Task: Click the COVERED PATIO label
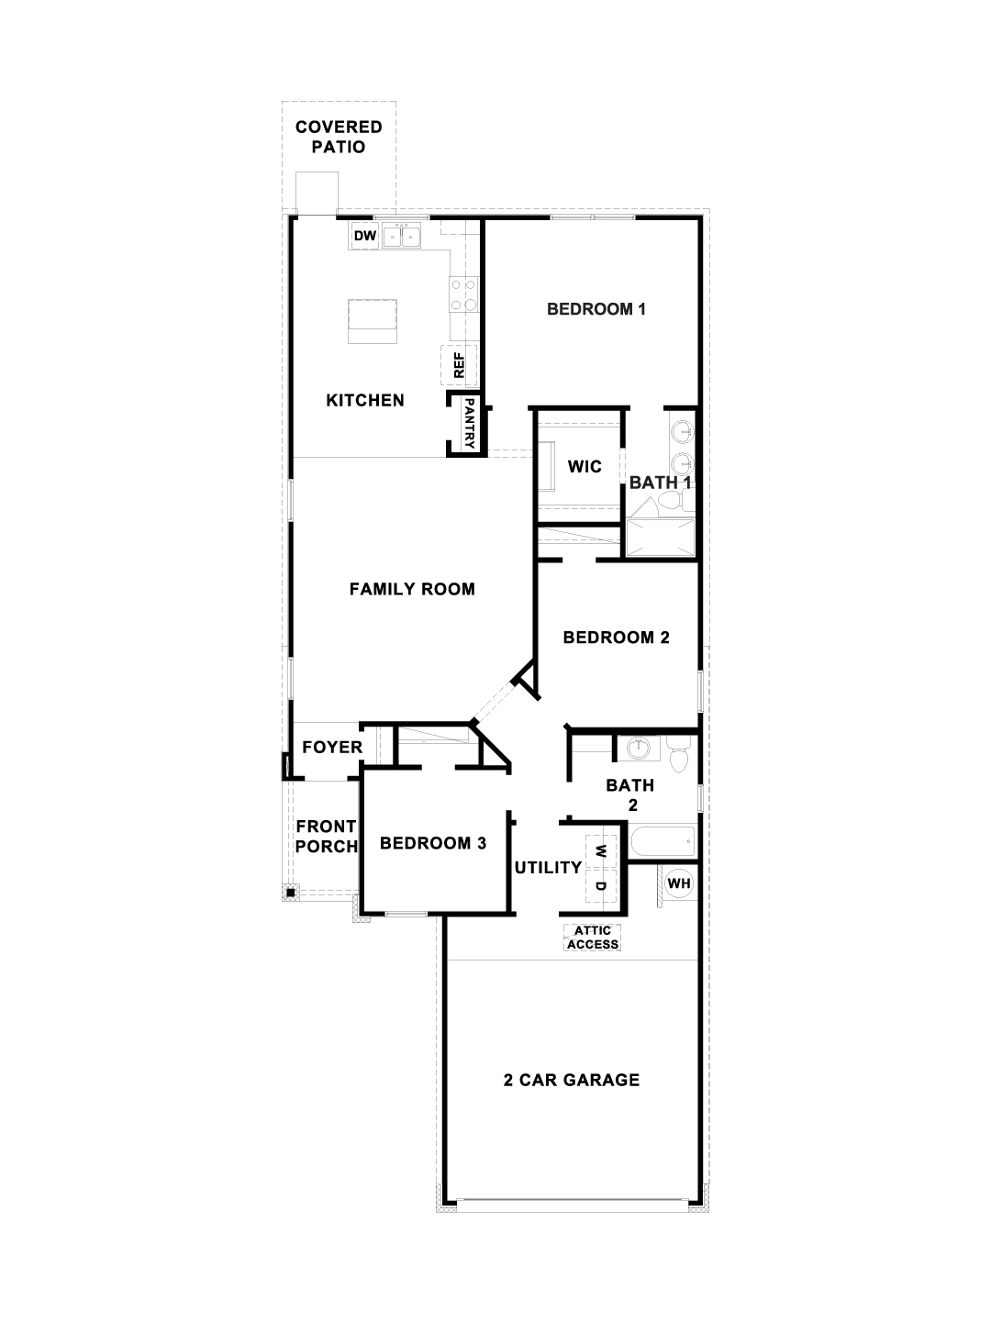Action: click(339, 138)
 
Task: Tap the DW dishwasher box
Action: click(365, 237)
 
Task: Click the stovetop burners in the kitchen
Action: click(463, 294)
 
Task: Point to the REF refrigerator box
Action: click(460, 366)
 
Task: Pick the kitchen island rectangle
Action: click(373, 319)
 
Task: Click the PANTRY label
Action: click(468, 422)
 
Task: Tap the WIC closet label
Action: click(585, 466)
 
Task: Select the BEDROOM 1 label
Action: click(596, 309)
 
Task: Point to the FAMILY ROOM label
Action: click(412, 589)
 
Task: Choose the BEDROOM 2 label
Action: click(617, 637)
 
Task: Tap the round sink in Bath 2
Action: click(637, 749)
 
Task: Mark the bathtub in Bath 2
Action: click(663, 840)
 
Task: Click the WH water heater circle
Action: click(679, 883)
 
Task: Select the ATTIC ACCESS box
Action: click(592, 938)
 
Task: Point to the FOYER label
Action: click(332, 748)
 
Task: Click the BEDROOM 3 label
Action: click(433, 842)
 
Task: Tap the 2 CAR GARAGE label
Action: click(572, 1080)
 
